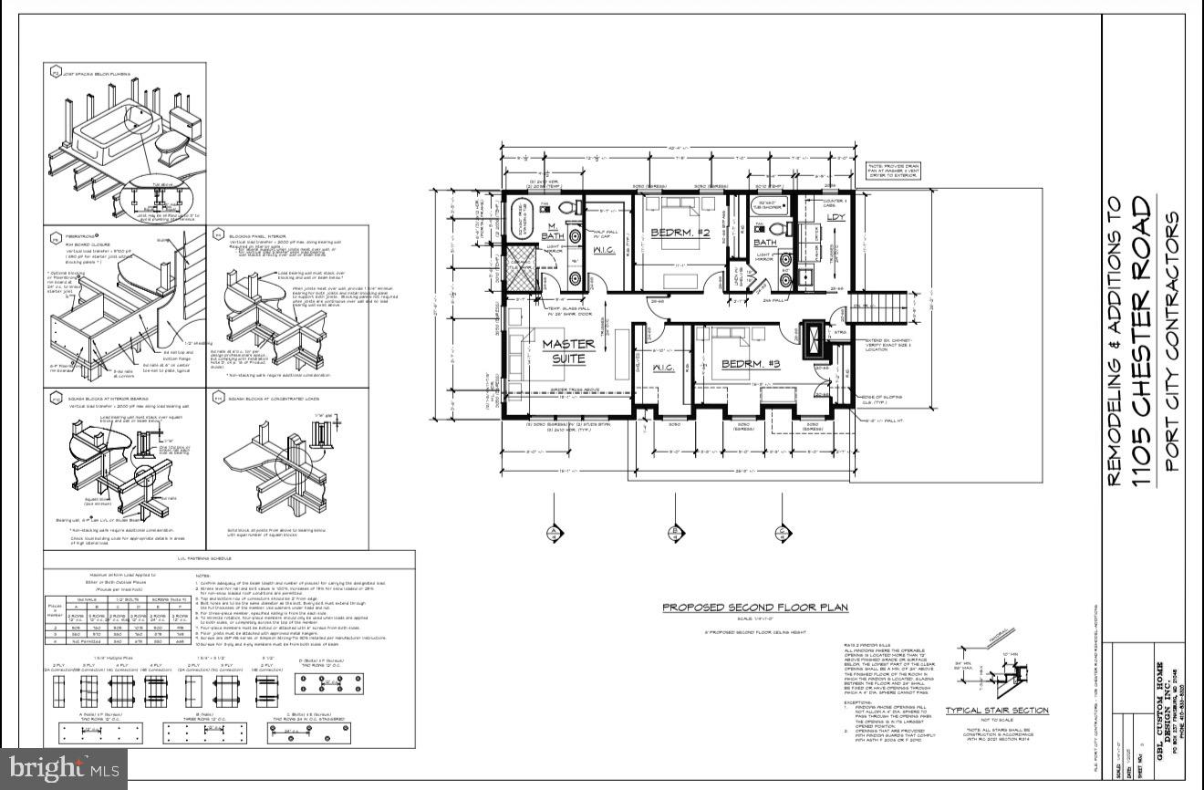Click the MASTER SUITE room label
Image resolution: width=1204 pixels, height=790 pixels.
pyautogui.click(x=568, y=350)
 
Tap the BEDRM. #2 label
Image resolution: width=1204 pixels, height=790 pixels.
pyautogui.click(x=680, y=234)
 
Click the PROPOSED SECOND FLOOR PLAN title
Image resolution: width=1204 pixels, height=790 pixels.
pyautogui.click(x=754, y=608)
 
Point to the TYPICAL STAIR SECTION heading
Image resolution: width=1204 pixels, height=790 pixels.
pyautogui.click(x=996, y=711)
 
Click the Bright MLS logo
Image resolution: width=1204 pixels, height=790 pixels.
pyautogui.click(x=64, y=766)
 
